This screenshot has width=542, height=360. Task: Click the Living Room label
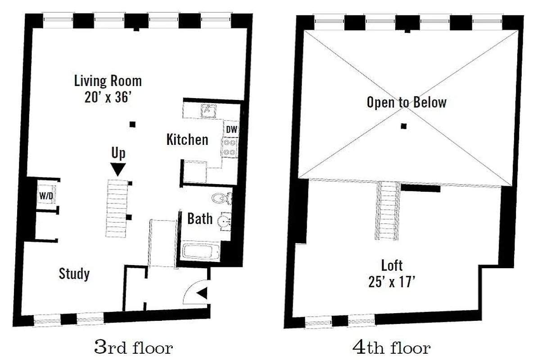pos(108,81)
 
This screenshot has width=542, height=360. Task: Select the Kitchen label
pos(187,139)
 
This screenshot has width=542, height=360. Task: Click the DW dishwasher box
pos(231,130)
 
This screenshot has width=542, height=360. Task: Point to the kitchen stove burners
pos(230,148)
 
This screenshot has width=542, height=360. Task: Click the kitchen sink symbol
pos(208,109)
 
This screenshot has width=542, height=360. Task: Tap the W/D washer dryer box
pos(45,196)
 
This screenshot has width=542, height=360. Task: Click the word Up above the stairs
pos(118,153)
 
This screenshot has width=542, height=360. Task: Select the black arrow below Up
pos(118,169)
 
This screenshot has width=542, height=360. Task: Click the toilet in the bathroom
pos(221,198)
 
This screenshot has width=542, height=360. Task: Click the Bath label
pos(200,219)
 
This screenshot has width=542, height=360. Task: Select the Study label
pos(74,274)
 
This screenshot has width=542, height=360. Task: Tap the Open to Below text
pos(406,103)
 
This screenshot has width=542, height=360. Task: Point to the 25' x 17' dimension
pos(391,282)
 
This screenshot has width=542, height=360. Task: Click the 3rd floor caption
pos(133,347)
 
